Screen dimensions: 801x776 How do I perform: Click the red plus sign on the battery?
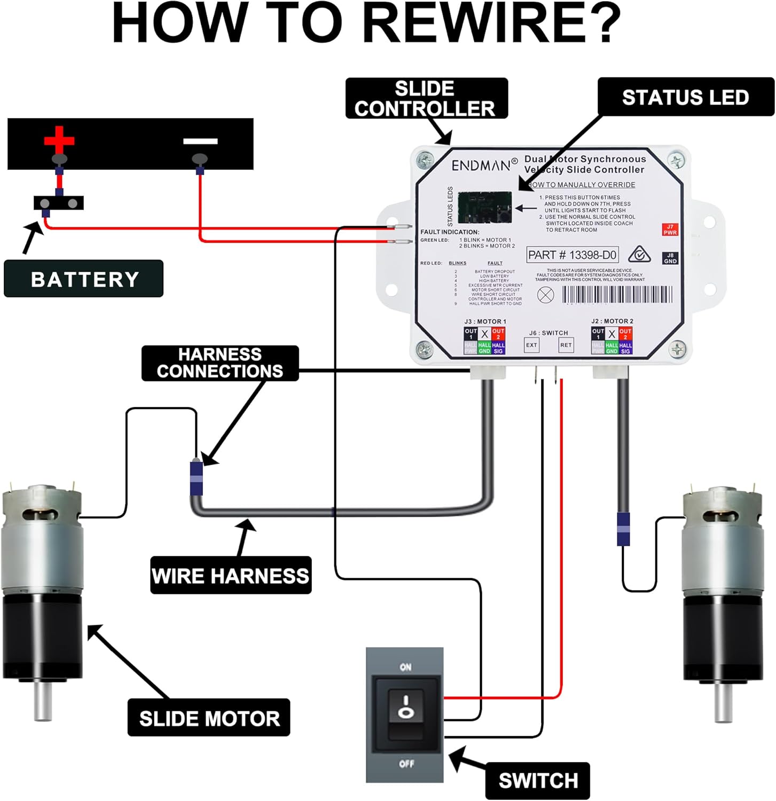click(x=59, y=139)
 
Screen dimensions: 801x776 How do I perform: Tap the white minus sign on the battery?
click(x=200, y=142)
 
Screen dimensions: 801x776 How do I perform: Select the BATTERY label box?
click(x=84, y=279)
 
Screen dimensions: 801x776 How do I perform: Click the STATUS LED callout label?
click(x=685, y=97)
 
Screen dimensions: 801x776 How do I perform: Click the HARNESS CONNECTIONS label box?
click(x=220, y=363)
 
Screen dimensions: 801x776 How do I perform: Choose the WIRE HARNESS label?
click(x=231, y=576)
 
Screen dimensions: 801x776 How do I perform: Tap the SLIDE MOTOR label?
click(x=209, y=718)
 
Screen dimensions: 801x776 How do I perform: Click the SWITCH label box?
click(x=538, y=780)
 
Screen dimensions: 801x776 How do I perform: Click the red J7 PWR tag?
click(x=670, y=230)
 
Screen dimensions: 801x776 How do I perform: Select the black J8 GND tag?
click(x=670, y=258)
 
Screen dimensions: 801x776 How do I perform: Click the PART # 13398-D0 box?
click(x=572, y=255)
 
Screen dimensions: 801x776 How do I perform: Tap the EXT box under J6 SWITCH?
click(x=531, y=345)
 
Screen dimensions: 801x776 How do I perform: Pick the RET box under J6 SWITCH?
click(x=566, y=345)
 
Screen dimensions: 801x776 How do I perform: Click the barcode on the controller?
click(x=617, y=295)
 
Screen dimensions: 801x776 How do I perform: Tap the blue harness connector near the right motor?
click(x=623, y=529)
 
